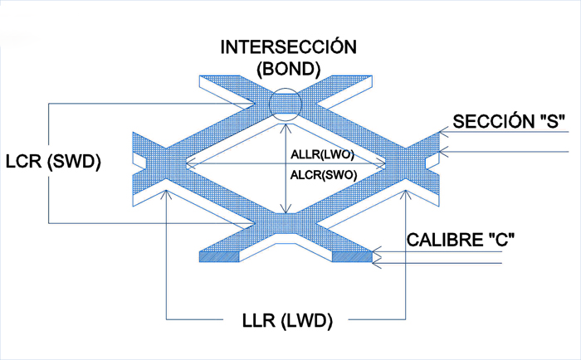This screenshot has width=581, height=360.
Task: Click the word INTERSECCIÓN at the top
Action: point(288,46)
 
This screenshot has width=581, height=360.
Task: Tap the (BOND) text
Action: point(289,69)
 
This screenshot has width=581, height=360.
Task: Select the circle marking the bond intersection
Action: point(285,103)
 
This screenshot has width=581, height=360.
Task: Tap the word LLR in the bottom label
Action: point(256,320)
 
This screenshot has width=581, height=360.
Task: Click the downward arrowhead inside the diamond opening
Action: point(285,211)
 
